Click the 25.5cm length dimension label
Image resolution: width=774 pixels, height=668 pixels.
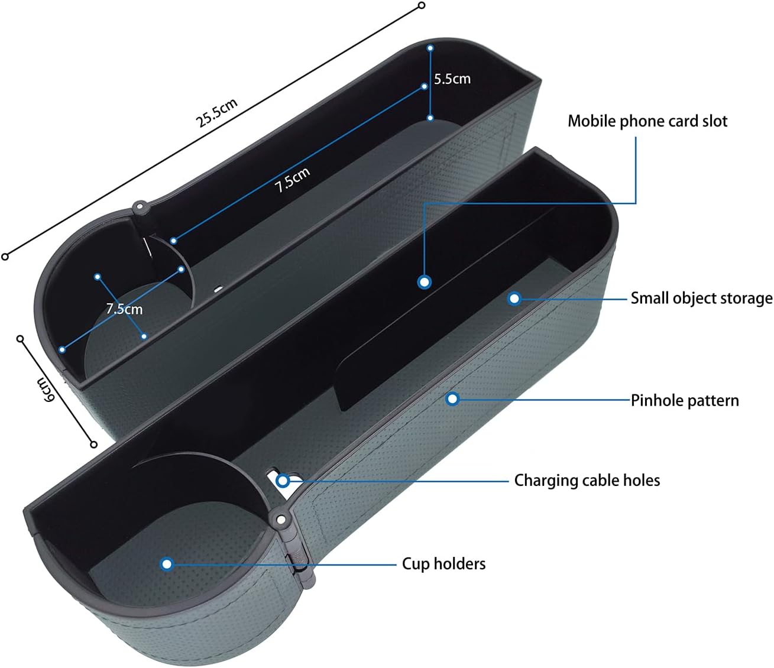(217, 112)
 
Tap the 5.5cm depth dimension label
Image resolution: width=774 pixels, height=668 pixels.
(452, 79)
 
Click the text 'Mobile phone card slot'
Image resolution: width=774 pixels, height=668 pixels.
(647, 121)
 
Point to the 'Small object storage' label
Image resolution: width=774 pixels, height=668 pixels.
(701, 298)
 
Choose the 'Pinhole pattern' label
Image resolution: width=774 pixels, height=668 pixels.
(684, 400)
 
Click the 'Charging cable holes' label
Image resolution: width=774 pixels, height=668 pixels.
(587, 480)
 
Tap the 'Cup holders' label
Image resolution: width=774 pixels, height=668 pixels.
(443, 563)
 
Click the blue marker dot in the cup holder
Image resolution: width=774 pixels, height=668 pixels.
(167, 564)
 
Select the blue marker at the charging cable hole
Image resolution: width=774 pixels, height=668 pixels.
(283, 480)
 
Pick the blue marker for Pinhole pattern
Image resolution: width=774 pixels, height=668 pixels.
(452, 399)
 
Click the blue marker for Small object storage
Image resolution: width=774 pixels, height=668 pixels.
(514, 299)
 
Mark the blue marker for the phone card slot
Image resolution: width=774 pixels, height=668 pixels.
(424, 282)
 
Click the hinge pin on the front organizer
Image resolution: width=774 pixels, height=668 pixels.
(280, 520)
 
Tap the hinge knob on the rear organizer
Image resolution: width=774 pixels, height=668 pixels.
(140, 207)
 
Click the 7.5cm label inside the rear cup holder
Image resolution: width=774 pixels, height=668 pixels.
(124, 309)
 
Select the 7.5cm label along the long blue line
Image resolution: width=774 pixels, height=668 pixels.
(292, 179)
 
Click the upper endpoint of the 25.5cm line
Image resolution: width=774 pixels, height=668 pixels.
(422, 5)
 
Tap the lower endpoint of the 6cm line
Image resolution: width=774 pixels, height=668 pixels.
(93, 444)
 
